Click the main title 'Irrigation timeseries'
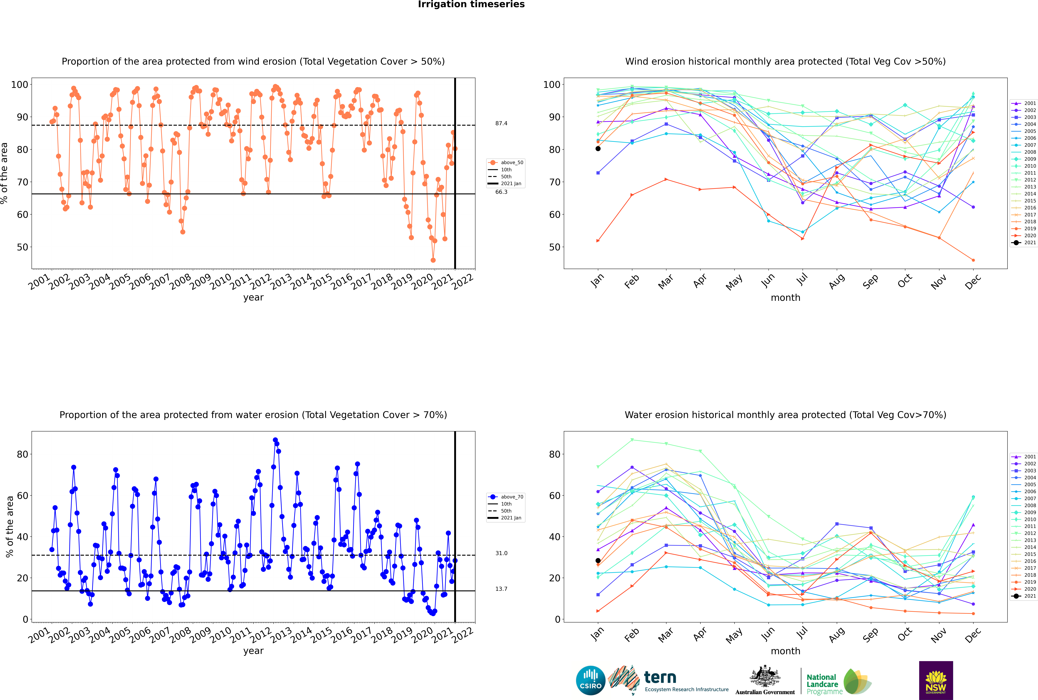coord(471,4)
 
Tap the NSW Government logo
coord(936,680)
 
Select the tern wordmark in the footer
coord(660,678)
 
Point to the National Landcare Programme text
coord(822,684)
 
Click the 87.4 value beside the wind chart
coord(501,123)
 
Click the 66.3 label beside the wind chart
coord(501,192)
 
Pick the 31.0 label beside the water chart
coord(501,553)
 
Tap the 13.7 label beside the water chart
coord(501,589)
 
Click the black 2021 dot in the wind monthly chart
coord(598,149)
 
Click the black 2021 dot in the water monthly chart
coord(598,561)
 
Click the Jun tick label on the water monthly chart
coord(768,634)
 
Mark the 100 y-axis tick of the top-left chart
coord(20,84)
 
